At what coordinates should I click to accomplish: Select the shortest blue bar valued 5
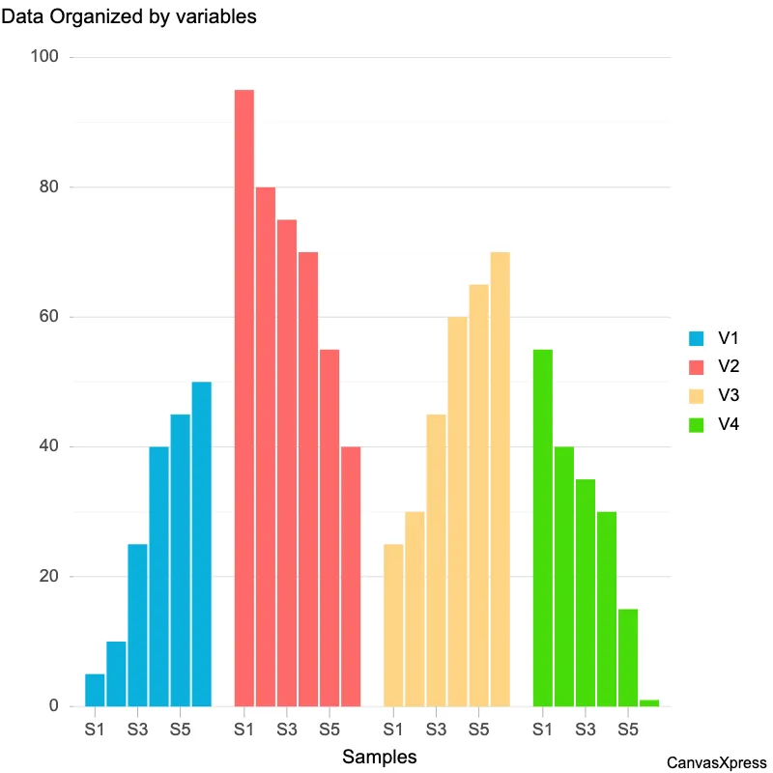point(95,690)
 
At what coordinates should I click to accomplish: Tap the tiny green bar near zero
point(649,702)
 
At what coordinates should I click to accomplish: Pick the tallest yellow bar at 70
point(500,478)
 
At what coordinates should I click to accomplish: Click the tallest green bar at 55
point(543,528)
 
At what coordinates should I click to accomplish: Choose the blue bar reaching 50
point(201,544)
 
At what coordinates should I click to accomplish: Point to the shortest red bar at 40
point(350,576)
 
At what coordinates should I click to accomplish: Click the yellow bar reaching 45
point(436,560)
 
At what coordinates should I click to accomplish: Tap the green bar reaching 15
point(628,657)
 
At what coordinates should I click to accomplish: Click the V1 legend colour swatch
point(696,339)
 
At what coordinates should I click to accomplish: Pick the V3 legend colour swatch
point(696,395)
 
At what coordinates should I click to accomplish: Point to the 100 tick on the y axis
point(46,58)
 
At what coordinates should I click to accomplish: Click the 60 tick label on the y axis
point(49,317)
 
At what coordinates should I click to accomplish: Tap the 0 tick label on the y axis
point(55,706)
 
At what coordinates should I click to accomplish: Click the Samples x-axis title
point(380,758)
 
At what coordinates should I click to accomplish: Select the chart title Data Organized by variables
point(129,16)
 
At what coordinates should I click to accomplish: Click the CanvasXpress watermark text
point(716,762)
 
